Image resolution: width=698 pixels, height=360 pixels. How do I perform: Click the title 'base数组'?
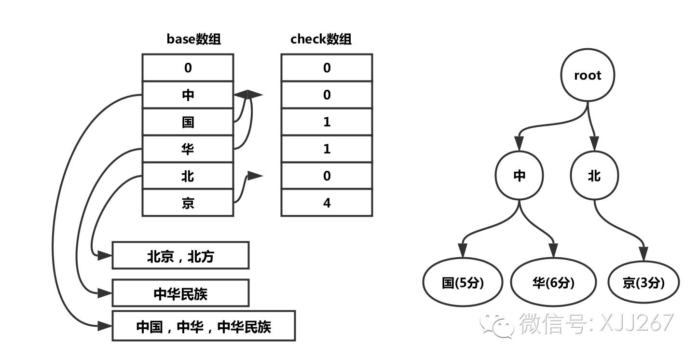pos(193,39)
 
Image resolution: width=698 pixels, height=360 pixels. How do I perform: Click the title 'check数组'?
pos(321,39)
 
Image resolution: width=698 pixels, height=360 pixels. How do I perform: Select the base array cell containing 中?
pos(188,95)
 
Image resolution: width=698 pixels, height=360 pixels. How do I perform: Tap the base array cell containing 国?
pos(188,122)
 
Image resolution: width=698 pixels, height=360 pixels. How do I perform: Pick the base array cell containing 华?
pos(188,149)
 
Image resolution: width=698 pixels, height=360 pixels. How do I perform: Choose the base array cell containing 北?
pos(188,176)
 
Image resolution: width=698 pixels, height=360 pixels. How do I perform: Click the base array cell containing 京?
pos(188,203)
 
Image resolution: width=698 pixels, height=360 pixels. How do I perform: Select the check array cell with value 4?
pos(327,203)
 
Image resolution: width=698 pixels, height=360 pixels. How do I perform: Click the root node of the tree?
pos(588,75)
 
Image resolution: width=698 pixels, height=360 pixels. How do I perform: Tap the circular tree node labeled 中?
pos(519,176)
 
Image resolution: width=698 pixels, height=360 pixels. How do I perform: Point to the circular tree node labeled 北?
pos(594,176)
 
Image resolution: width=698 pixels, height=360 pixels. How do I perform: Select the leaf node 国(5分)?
pos(463,283)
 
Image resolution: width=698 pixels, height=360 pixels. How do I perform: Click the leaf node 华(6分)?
pos(553,283)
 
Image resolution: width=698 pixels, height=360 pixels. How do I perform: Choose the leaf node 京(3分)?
pos(643,283)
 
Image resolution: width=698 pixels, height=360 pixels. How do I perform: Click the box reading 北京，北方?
pos(180,256)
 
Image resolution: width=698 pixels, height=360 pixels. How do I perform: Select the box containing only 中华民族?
pos(180,293)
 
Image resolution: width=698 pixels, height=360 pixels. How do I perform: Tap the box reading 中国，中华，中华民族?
pos(203,327)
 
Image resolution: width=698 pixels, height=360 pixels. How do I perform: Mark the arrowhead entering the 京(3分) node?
pos(644,252)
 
